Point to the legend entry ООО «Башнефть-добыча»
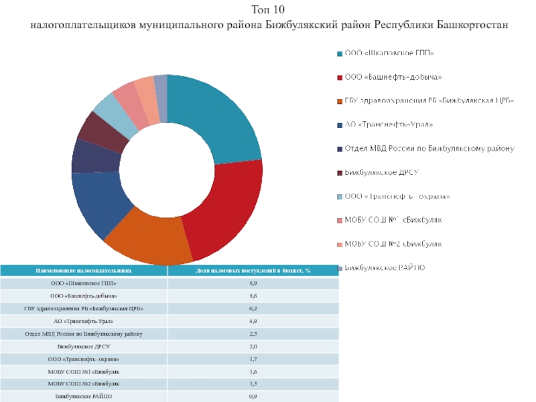coord(393,77)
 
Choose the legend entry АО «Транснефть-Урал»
coord(389,125)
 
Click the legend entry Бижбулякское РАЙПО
coord(385,268)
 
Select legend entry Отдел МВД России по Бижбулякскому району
coord(429,148)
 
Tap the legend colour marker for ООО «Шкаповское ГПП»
coord(340,53)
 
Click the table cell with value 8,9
coord(253,283)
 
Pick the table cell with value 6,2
coord(253,308)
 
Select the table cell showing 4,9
coord(253,321)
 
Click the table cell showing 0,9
coord(253,397)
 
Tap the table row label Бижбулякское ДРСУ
coord(84,346)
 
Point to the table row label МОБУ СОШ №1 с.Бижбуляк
coord(84,371)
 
